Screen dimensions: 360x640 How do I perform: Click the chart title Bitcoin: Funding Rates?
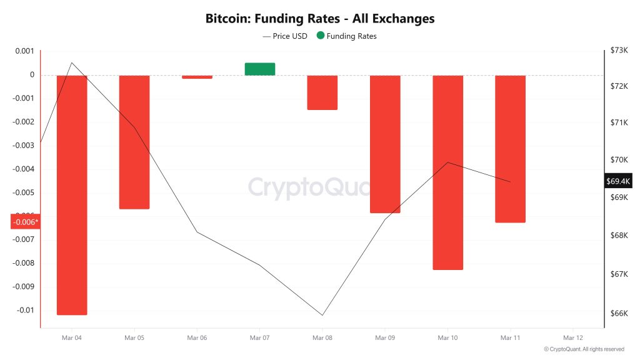pos(319,19)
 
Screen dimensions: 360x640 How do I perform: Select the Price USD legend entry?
pos(286,36)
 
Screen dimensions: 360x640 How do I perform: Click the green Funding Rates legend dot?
pos(321,36)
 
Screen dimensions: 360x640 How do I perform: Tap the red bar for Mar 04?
pos(72,194)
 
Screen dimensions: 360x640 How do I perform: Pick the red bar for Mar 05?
pos(134,142)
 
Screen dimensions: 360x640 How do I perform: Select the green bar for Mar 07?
pos(260,69)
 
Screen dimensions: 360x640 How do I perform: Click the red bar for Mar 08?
pos(322,92)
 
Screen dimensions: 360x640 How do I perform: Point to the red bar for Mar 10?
pos(447,172)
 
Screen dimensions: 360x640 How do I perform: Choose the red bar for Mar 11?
pos(510,149)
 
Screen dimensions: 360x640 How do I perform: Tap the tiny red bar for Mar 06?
pos(197,77)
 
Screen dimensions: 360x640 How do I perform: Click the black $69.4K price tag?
pos(619,181)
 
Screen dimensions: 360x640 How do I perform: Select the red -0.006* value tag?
pos(25,222)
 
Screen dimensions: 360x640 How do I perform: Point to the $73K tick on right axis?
pos(619,51)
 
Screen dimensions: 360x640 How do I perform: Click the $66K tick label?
pos(619,314)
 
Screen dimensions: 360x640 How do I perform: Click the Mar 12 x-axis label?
pos(573,337)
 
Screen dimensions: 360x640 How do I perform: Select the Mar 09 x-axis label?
pos(385,337)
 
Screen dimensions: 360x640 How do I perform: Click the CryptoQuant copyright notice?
pos(584,349)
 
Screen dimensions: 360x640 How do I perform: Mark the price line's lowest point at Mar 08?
pos(322,315)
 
